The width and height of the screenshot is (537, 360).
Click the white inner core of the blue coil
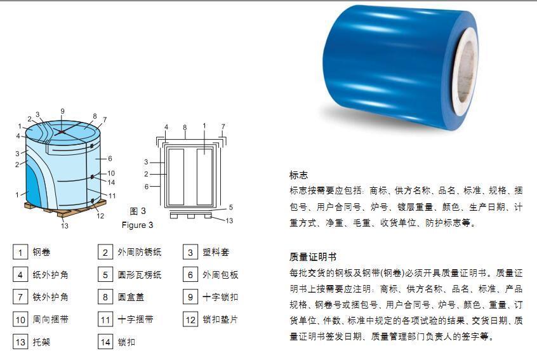[467, 72]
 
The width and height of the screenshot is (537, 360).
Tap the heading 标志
[298, 175]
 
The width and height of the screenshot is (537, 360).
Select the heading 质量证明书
[313, 257]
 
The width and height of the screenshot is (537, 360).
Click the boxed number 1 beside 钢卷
[20, 253]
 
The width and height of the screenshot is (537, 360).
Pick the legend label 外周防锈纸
[140, 252]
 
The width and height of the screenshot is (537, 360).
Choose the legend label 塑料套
[216, 252]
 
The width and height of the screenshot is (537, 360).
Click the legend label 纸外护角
[50, 275]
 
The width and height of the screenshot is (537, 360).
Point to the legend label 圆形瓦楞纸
[140, 275]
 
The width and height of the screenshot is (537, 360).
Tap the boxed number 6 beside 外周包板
[190, 275]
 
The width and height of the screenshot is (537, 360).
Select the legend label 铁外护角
[50, 297]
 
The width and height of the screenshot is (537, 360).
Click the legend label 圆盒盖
[131, 297]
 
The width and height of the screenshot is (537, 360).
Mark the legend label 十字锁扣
[220, 297]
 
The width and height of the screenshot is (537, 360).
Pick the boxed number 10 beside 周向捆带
[20, 319]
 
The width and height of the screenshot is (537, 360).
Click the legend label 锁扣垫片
[220, 319]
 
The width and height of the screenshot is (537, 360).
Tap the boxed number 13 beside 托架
[20, 342]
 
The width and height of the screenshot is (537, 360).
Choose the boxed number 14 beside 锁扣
[105, 342]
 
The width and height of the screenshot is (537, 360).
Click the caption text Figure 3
[137, 225]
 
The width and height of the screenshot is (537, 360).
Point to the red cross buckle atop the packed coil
[62, 132]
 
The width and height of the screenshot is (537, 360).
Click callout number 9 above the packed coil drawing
[62, 111]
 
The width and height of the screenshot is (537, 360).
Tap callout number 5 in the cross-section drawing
[231, 207]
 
